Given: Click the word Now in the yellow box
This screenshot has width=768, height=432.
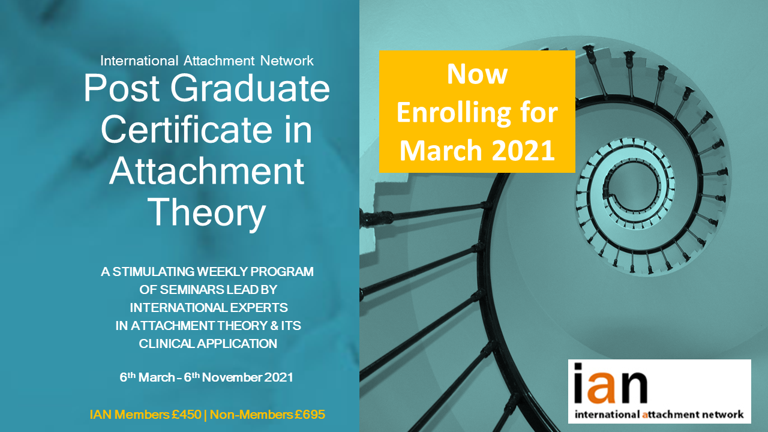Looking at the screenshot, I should pyautogui.click(x=477, y=74).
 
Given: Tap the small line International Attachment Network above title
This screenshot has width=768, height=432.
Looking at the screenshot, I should pyautogui.click(x=207, y=61).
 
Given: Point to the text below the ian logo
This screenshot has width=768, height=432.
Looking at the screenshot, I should pyautogui.click(x=659, y=414).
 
